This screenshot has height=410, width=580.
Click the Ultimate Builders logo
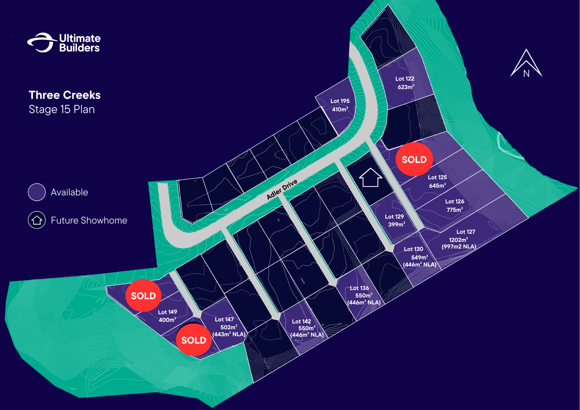(64, 43)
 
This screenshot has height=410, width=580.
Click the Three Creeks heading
(65, 95)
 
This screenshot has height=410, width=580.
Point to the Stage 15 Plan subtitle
(62, 110)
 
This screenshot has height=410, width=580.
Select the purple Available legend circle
(37, 192)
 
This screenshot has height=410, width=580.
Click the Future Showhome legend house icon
(37, 220)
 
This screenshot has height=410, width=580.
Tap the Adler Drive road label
(282, 189)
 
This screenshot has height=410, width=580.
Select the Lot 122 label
(405, 79)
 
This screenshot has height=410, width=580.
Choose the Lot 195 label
(340, 101)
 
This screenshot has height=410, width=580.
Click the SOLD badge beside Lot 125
(414, 159)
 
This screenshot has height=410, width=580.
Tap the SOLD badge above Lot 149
(143, 295)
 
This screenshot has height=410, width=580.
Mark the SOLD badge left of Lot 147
(193, 340)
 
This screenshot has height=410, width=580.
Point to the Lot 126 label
(454, 201)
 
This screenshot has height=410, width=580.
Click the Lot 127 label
(466, 232)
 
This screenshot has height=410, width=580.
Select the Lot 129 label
(394, 217)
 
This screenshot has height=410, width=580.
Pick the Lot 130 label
(413, 249)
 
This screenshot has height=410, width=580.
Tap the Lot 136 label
(359, 288)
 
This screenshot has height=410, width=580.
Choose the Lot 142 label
(301, 321)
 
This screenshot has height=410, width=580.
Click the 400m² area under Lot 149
(167, 320)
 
